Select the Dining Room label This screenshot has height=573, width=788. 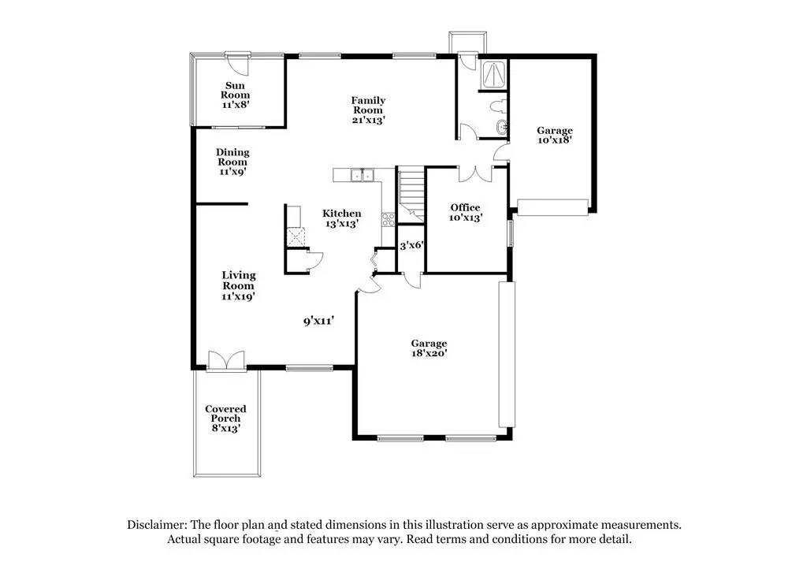[232, 162]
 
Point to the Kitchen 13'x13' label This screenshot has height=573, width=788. [342, 218]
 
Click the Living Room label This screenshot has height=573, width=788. [238, 286]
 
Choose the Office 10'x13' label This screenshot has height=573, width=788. [465, 212]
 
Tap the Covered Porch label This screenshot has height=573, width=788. [225, 419]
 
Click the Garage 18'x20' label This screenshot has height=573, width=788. [429, 348]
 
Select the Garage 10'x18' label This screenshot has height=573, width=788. [555, 135]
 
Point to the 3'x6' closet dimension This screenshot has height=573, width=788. [411, 245]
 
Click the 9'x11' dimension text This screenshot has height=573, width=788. [320, 321]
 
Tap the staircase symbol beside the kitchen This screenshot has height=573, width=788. [410, 192]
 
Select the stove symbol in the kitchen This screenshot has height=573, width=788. [388, 220]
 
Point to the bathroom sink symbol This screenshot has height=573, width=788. [501, 128]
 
